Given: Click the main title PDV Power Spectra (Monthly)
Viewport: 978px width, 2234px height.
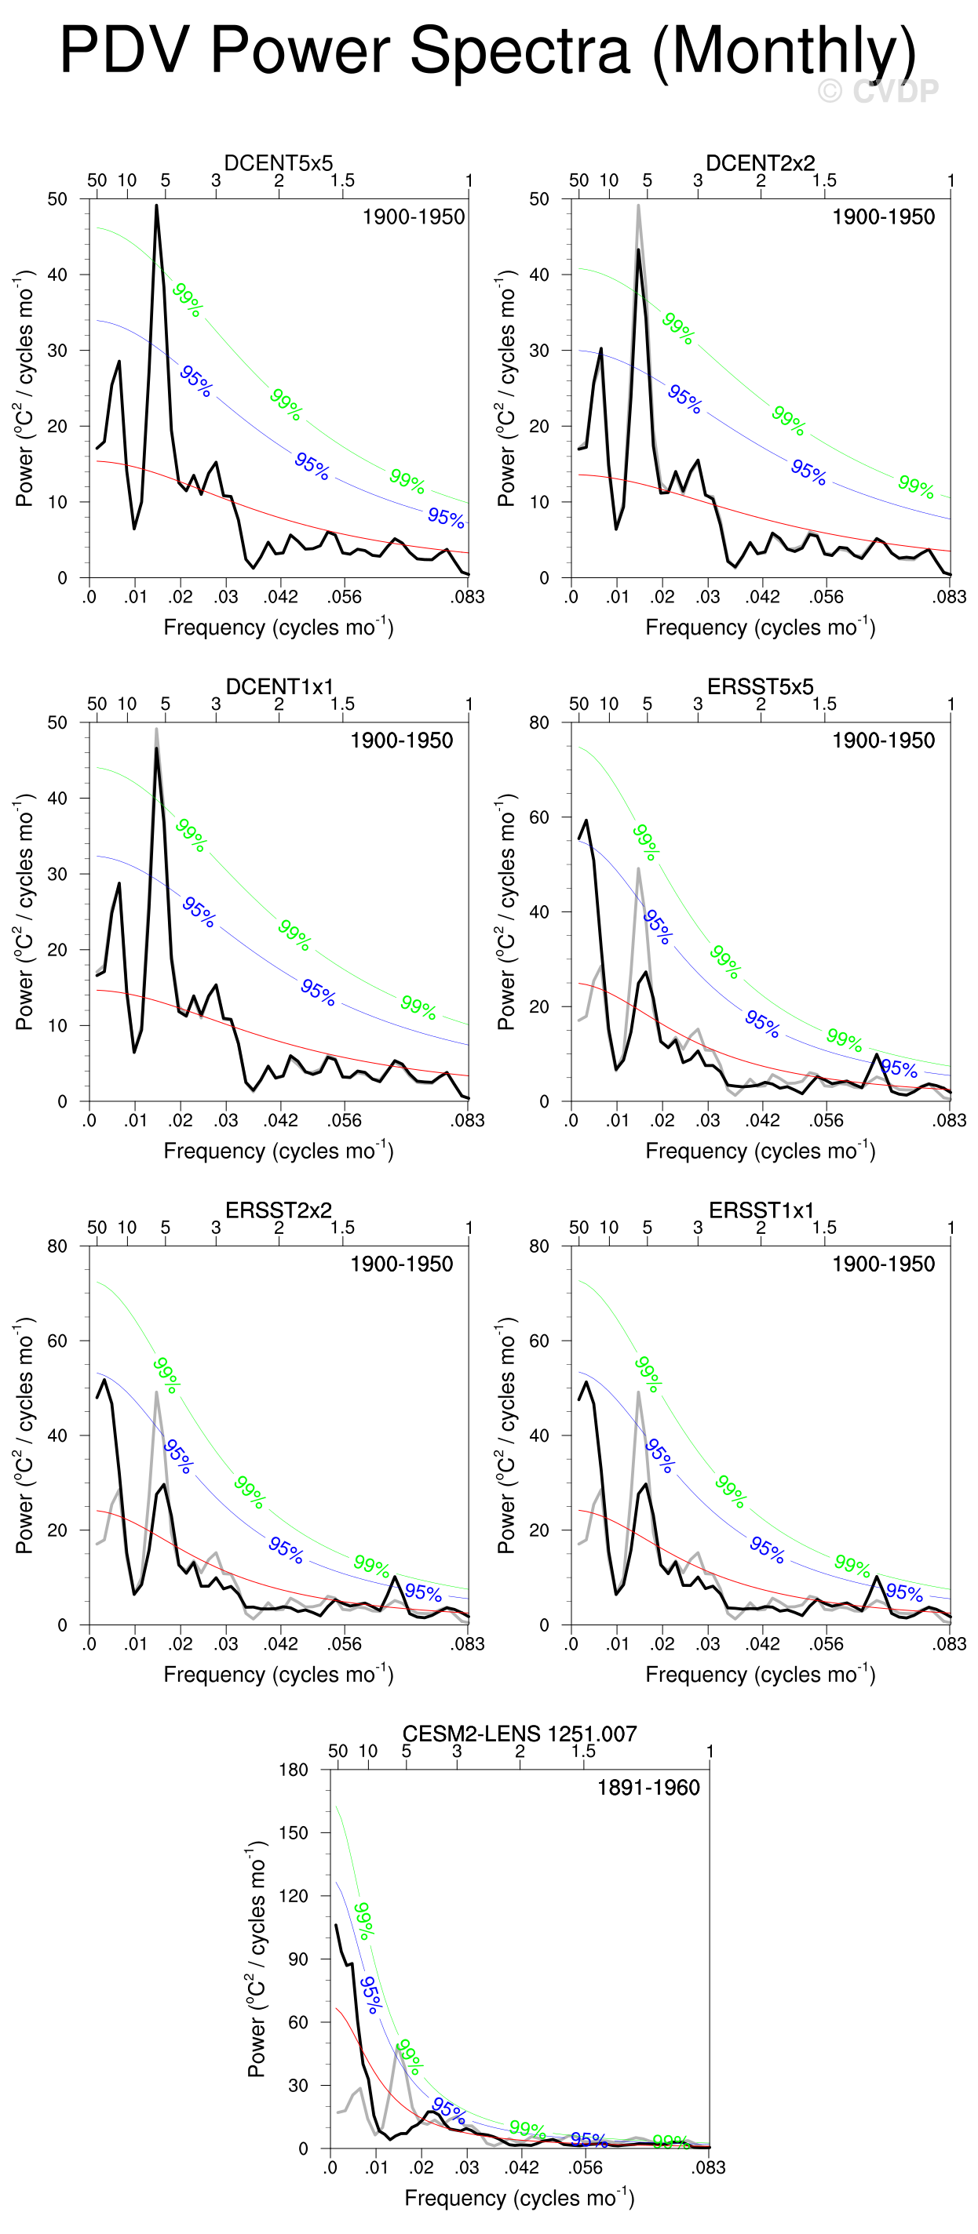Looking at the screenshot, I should [x=487, y=50].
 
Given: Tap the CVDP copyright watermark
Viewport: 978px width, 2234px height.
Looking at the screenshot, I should [x=878, y=91].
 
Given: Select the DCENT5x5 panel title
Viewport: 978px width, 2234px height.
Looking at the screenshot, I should [x=279, y=163].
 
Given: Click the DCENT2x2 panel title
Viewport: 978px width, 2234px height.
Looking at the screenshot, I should [x=760, y=163].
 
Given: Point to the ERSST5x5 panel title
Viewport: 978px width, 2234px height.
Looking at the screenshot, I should [x=760, y=687].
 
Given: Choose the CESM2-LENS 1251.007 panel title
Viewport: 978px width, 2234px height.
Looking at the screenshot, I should [x=519, y=1734].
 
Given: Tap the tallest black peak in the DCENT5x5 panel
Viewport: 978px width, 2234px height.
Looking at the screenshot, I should [x=157, y=206].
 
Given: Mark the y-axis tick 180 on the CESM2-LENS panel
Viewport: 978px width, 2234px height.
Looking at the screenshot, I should [x=294, y=1769].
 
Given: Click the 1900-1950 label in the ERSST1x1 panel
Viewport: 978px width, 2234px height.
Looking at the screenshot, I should [x=883, y=1264].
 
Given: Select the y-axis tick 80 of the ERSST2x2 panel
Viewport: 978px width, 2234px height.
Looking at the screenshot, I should [x=57, y=1246].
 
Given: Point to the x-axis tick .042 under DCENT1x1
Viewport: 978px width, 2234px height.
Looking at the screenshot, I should [x=281, y=1120].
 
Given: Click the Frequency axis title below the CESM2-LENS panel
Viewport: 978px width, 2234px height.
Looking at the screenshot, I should [x=519, y=2199].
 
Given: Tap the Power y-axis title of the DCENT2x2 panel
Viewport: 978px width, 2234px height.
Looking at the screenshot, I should [x=506, y=387].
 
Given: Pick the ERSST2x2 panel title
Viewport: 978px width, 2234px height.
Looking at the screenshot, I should [x=279, y=1210].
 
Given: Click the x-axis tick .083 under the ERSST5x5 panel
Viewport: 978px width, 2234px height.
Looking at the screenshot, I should [x=950, y=1120].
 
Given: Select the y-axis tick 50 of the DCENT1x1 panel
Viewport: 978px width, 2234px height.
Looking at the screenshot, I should [x=57, y=722].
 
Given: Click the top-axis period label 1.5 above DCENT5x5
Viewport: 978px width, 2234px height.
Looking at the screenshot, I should [x=342, y=180].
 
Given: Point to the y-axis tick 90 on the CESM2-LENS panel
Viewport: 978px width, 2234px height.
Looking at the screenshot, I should [x=297, y=1958].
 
